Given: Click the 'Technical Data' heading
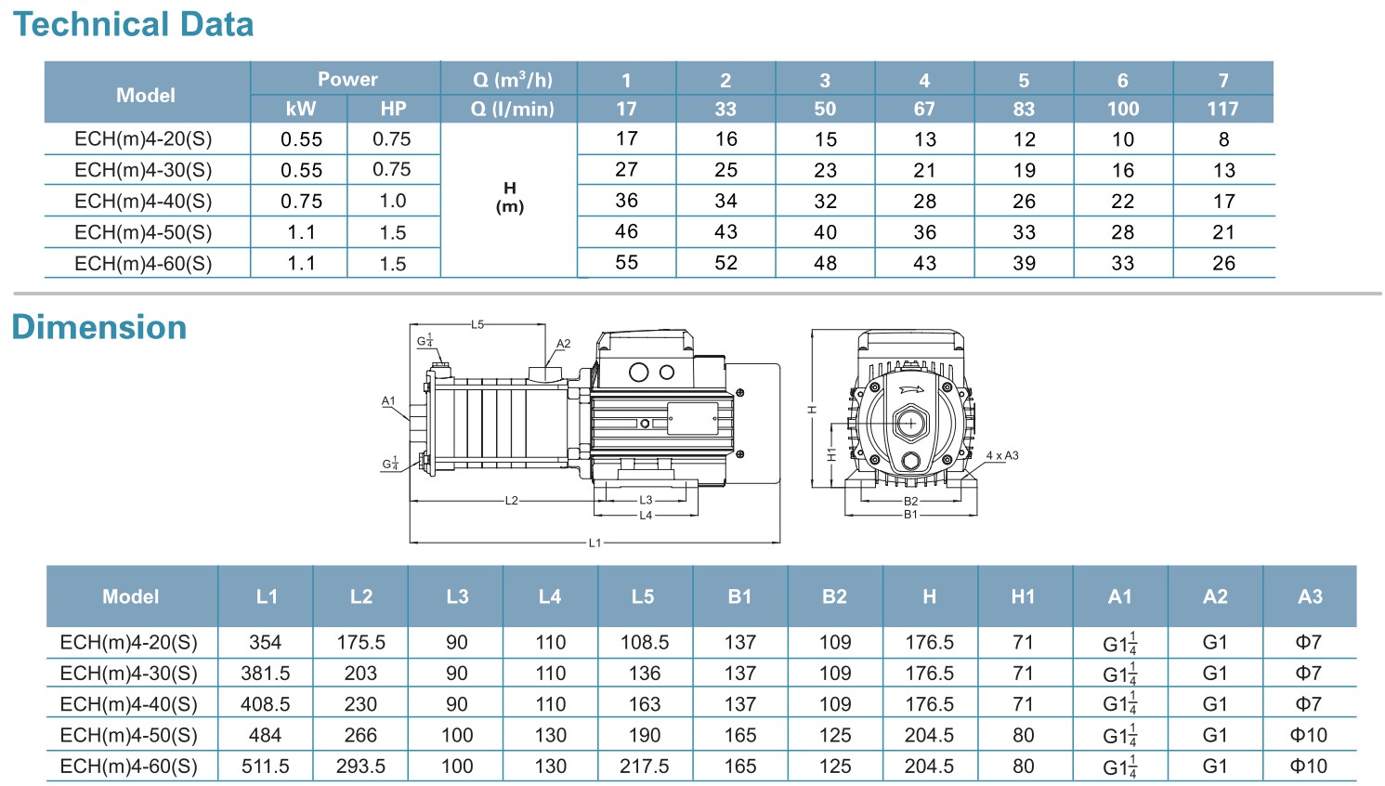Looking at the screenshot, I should pos(133,24).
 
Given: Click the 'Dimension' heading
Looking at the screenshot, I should pos(99,327).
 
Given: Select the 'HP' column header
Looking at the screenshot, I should pos(393,109).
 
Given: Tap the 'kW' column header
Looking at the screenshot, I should pos(300,109).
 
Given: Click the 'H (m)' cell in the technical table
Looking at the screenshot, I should pos(509,198).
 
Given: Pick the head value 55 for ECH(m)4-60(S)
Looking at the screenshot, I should pos(627,263).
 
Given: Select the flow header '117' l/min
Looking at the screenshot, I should pos(1222,109).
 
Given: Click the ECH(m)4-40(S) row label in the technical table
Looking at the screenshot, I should pos(143,201).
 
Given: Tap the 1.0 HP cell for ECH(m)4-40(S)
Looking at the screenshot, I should pos(393,201).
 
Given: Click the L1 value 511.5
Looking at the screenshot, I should pos(266,766).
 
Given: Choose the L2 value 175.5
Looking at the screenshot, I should pos(361,642).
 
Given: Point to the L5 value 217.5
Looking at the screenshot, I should pos(645,766).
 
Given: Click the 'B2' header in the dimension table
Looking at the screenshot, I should pos(834,596).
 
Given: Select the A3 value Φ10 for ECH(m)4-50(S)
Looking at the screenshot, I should pos(1309,735).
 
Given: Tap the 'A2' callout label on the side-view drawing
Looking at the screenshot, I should pos(563,344).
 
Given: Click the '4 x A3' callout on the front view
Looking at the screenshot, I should pos(1002,455).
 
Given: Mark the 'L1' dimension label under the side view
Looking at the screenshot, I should pos(595,543).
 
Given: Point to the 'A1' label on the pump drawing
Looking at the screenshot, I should pos(388,401).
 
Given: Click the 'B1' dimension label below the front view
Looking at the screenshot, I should pos(910,515).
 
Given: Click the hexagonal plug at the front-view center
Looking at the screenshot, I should pos(910,424).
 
